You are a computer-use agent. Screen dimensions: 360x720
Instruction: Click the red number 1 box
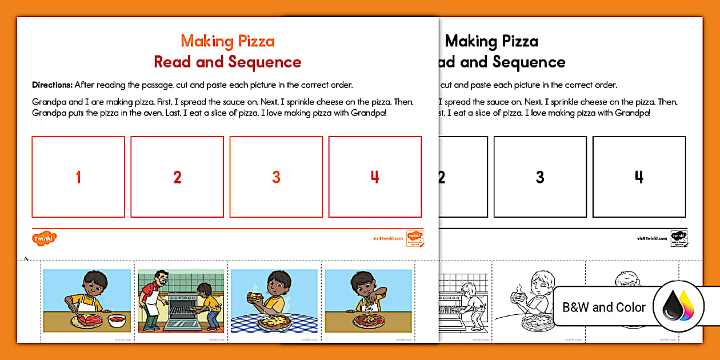pos(78,177)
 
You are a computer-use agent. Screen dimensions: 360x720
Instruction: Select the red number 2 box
pos(177,177)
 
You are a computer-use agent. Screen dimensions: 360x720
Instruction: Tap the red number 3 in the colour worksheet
pos(276,177)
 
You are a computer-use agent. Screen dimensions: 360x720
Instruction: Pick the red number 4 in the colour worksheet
pos(375,177)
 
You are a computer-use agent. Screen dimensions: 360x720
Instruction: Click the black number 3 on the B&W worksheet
pos(540,177)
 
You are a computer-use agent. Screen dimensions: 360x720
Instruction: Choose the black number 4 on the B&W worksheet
pos(639,177)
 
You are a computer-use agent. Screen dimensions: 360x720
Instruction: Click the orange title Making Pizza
pos(227,41)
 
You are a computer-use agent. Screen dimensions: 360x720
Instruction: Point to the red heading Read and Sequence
pos(227,62)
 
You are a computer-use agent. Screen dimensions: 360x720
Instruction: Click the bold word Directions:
pos(52,85)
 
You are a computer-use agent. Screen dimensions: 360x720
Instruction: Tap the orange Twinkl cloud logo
pos(45,238)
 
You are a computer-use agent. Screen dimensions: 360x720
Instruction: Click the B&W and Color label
pos(604,307)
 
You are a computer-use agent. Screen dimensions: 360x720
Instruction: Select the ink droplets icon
pos(678,307)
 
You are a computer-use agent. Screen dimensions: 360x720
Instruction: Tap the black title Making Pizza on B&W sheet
pos(491,41)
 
